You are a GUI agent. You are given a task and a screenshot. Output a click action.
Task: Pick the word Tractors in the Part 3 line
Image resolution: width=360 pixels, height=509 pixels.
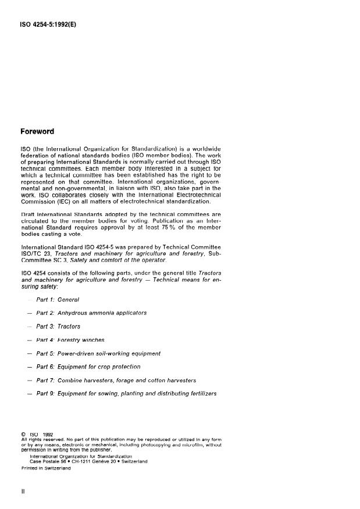click(69, 327)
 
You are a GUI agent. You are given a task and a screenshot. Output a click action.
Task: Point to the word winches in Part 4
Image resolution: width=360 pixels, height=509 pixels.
click(92, 340)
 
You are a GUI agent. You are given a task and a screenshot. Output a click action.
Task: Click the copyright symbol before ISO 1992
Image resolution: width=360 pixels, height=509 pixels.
click(23, 434)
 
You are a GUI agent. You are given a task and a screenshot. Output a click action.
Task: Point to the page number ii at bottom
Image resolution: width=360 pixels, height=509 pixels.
click(23, 491)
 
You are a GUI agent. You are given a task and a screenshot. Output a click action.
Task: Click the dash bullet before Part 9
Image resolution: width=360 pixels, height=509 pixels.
click(28, 393)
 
